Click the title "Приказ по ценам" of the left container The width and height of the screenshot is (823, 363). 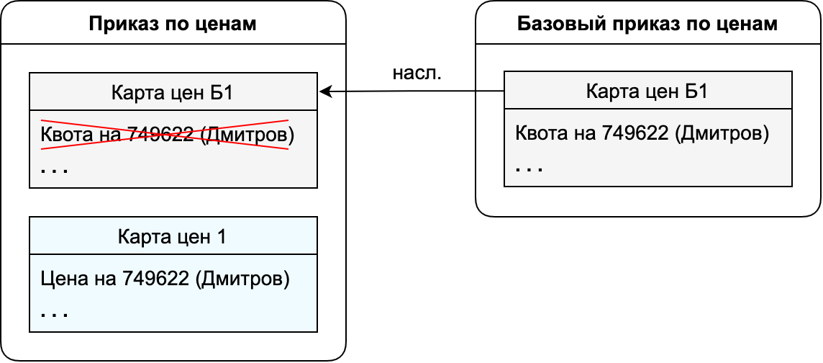click(173, 24)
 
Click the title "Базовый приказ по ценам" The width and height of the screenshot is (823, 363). click(647, 24)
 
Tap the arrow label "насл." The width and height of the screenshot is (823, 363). click(417, 73)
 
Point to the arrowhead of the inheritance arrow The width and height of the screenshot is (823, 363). click(326, 92)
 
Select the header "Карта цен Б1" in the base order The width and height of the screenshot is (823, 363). click(647, 92)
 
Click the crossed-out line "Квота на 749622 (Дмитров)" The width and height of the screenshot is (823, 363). click(167, 135)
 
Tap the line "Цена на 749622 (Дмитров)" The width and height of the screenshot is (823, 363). click(165, 279)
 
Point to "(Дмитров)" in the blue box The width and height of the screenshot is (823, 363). click(242, 279)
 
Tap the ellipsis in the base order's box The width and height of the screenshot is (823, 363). click(529, 170)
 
